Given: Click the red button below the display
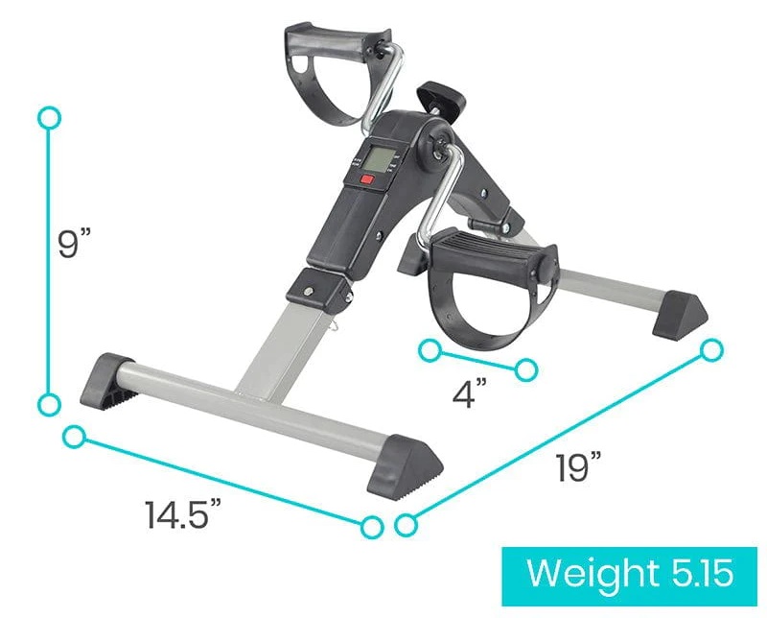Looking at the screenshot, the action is pyautogui.click(x=366, y=178).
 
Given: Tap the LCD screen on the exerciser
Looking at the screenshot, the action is pyautogui.click(x=379, y=159).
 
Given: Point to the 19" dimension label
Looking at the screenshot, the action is pyautogui.click(x=578, y=466).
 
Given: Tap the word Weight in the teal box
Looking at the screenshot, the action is pyautogui.click(x=592, y=572).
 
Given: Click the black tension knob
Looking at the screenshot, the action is pyautogui.click(x=441, y=96).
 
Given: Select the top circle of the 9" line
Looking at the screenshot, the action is pyautogui.click(x=49, y=118).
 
